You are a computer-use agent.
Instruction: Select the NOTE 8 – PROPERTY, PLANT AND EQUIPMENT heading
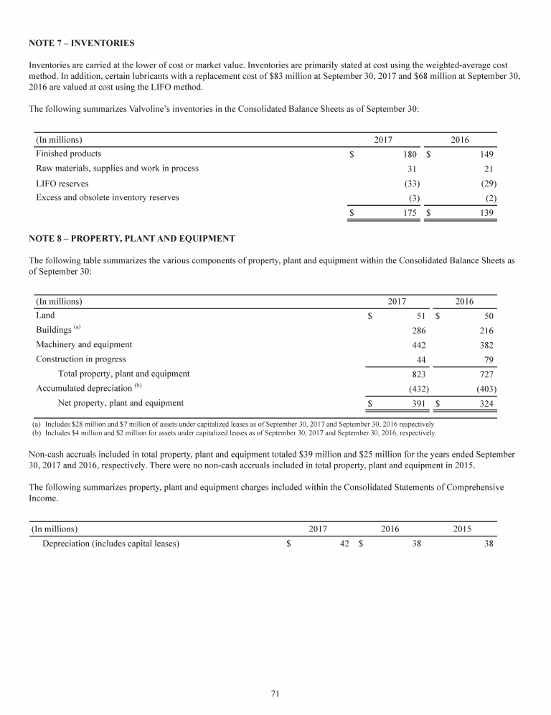(132, 237)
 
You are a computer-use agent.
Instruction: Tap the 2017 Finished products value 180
(410, 153)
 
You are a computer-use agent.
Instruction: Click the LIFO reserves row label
(62, 183)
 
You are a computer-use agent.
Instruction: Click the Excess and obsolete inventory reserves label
(108, 197)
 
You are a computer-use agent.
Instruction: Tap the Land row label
(45, 315)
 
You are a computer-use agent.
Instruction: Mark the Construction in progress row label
(80, 359)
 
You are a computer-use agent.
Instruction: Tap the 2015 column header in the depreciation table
(463, 529)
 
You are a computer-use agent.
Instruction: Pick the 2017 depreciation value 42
(344, 544)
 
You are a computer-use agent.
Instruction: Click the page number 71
(275, 693)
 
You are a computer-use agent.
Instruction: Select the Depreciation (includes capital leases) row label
(110, 544)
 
